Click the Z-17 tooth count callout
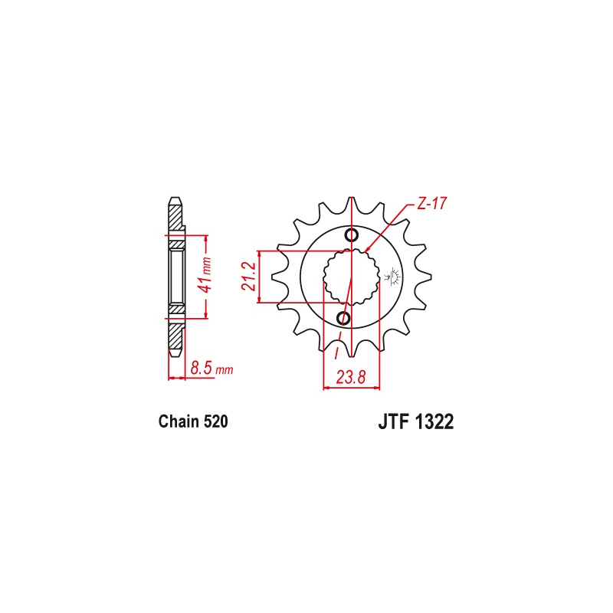pos(431,204)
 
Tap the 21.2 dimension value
pos(248,277)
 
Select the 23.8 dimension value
pos(351,378)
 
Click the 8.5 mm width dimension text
pos(211,369)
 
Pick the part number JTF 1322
pos(415,422)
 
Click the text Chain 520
pos(193,421)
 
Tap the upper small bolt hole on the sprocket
pos(352,235)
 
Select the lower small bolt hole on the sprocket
pos(343,318)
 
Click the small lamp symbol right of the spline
pos(395,277)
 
